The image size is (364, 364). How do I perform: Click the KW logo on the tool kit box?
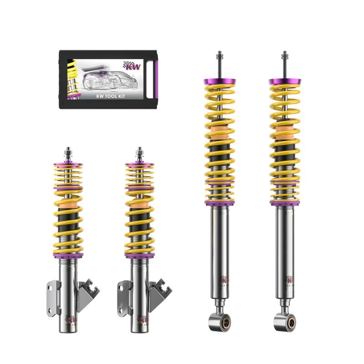132,66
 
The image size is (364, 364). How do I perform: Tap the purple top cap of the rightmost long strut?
284,82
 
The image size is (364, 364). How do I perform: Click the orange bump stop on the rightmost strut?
284,134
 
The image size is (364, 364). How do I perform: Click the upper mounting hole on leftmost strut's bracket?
50,288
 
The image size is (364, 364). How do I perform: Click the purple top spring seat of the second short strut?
140,164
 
